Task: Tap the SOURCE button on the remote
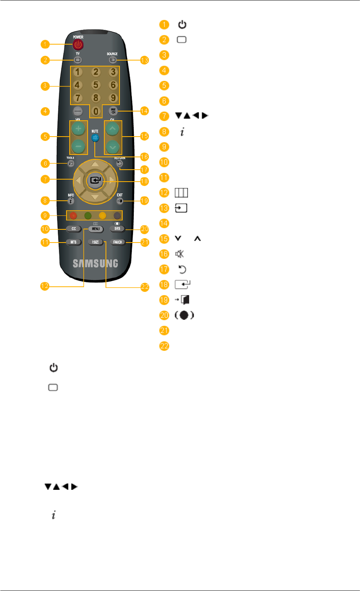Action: [112, 60]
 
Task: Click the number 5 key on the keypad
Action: [95, 85]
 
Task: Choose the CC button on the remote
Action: [74, 229]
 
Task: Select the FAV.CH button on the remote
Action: [117, 242]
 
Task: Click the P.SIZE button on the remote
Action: [96, 242]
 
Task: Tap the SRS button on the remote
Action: [117, 229]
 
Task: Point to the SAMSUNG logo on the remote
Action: [95, 263]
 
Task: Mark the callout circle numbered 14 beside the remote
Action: [144, 111]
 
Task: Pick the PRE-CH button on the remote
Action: [113, 111]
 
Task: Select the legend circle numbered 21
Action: [164, 331]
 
